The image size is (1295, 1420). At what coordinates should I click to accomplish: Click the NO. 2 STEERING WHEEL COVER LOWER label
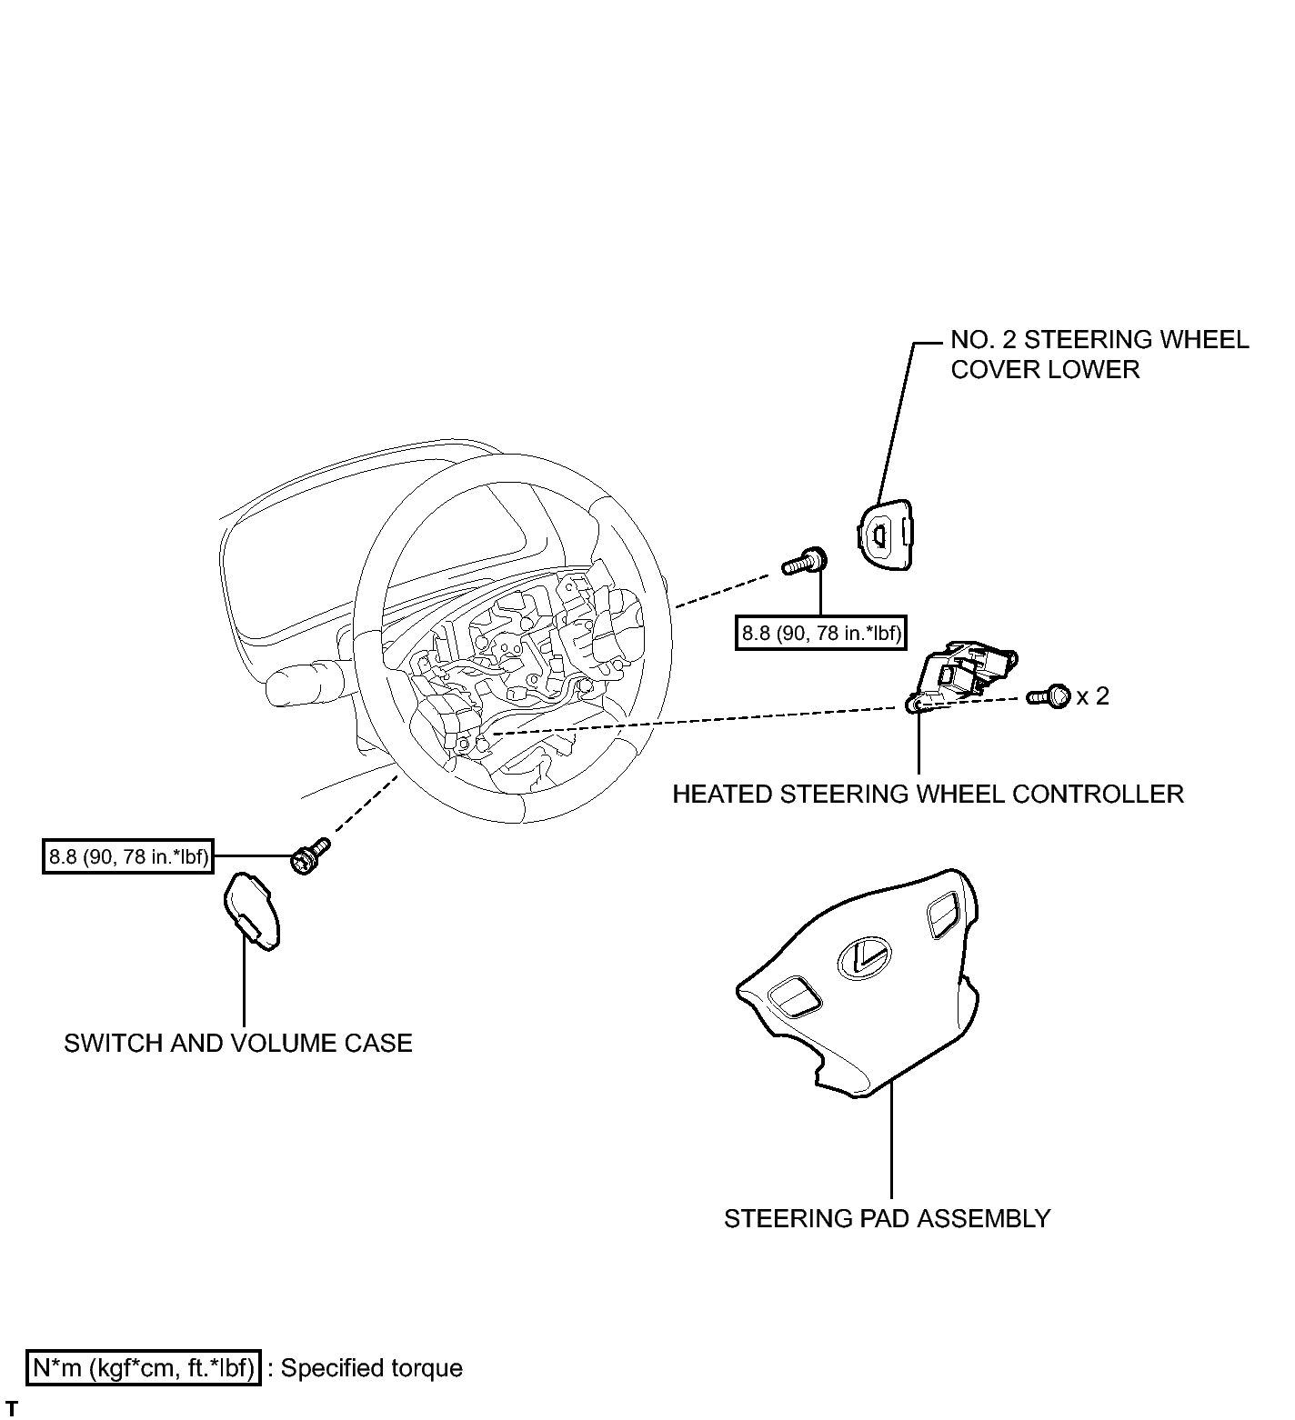pyautogui.click(x=1099, y=355)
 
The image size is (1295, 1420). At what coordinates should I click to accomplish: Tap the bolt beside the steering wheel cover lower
pyautogui.click(x=804, y=563)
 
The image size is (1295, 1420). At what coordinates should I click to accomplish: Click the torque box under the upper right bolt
pyautogui.click(x=821, y=634)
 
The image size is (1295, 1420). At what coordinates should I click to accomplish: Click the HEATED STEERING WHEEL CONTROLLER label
pyautogui.click(x=928, y=795)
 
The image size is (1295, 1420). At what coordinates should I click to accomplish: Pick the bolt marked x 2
pyautogui.click(x=1049, y=697)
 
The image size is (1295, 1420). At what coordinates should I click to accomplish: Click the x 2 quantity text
pyautogui.click(x=1092, y=696)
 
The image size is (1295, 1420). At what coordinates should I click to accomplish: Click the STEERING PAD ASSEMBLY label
pyautogui.click(x=887, y=1218)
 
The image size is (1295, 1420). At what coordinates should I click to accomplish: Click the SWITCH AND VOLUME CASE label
pyautogui.click(x=237, y=1043)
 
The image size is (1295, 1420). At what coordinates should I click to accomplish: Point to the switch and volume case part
pyautogui.click(x=252, y=911)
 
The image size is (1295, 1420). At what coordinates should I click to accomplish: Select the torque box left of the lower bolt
pyautogui.click(x=128, y=856)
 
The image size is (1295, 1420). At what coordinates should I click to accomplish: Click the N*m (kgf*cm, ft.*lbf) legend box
pyautogui.click(x=145, y=1368)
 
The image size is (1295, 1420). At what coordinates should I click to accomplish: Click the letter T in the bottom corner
pyautogui.click(x=12, y=1409)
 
